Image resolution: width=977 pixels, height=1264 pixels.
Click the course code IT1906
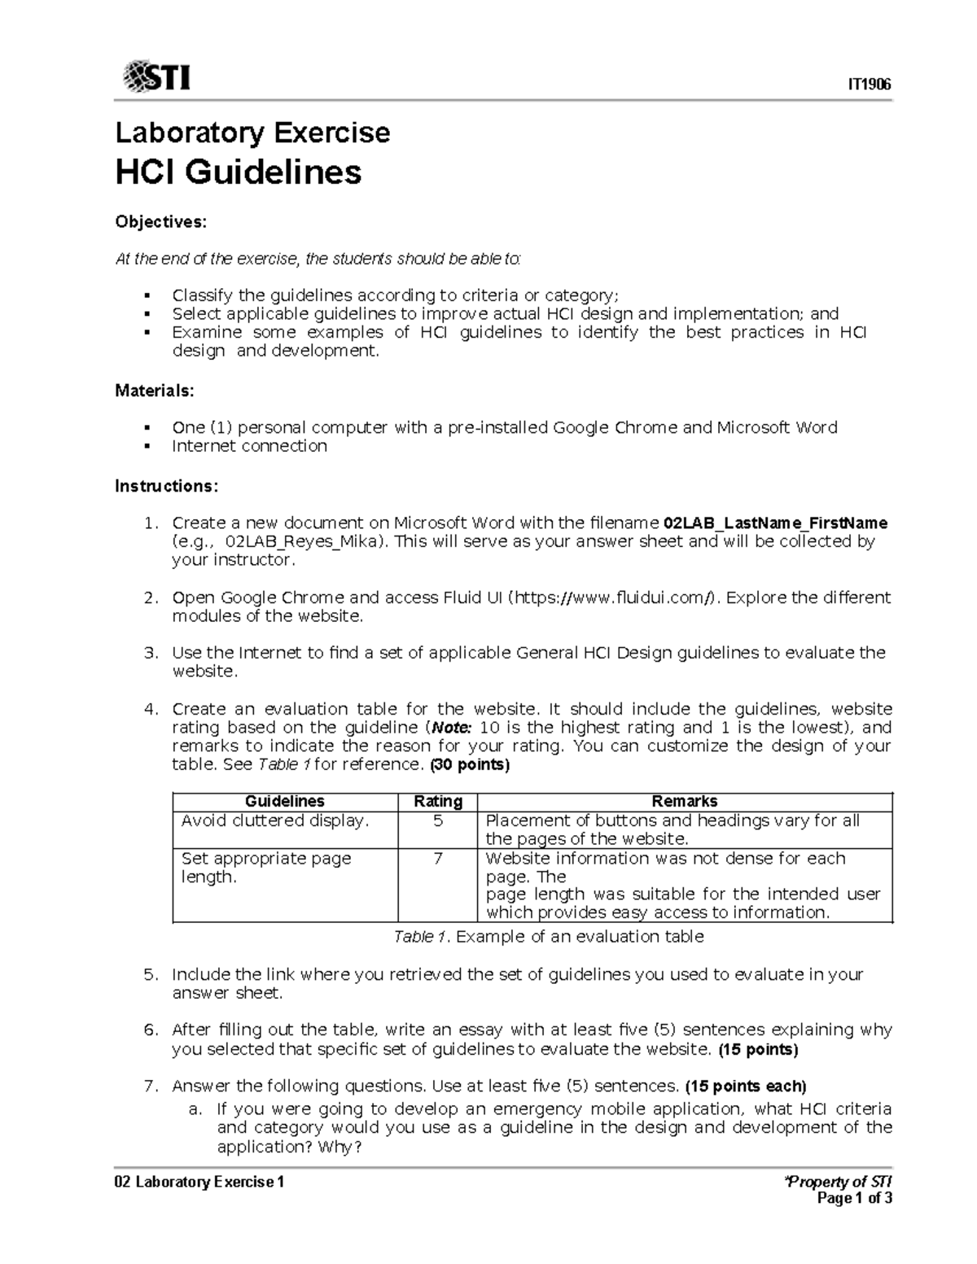[870, 85]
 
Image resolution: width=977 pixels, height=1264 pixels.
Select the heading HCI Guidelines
[238, 172]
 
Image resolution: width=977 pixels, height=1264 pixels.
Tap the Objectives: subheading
[160, 221]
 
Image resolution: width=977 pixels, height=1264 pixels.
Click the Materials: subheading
[155, 391]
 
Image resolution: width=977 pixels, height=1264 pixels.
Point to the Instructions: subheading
[166, 486]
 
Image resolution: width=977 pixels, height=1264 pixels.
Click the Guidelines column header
[285, 801]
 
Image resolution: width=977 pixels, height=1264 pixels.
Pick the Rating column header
[438, 801]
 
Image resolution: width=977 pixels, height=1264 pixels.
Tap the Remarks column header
[684, 801]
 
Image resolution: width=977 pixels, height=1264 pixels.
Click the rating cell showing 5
[438, 820]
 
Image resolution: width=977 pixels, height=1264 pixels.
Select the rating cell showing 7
[438, 858]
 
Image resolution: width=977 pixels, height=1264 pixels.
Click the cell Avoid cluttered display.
[274, 820]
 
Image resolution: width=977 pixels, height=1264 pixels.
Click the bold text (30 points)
[470, 765]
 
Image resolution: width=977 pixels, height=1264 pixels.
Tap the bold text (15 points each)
[745, 1086]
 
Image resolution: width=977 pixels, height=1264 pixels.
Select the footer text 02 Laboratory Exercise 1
[199, 1182]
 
